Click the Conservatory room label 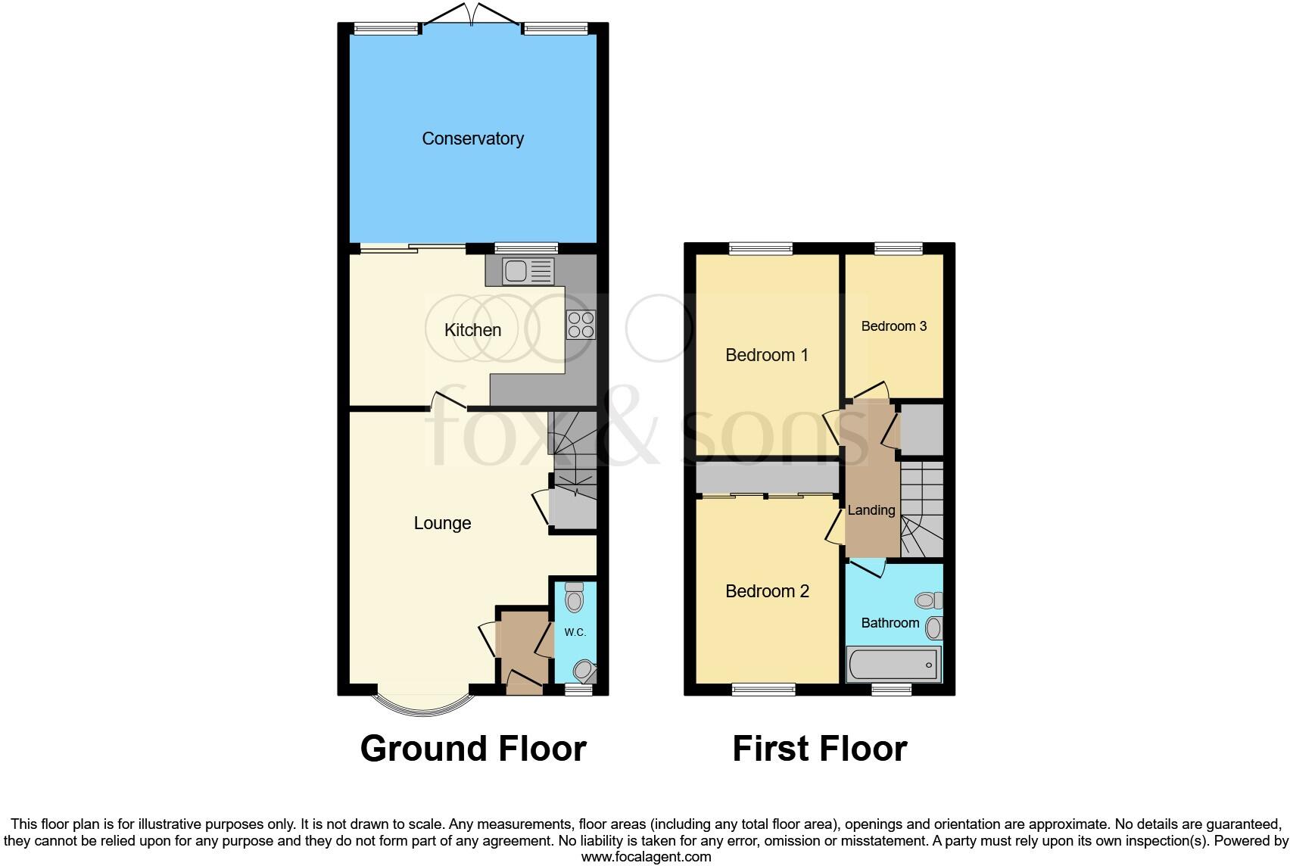click(x=472, y=139)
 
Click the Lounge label click(x=442, y=523)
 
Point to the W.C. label click(x=575, y=632)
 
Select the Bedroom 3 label click(x=894, y=326)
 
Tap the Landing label click(x=871, y=510)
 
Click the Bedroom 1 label click(x=767, y=355)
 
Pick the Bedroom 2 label click(x=767, y=591)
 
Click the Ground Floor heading click(x=473, y=749)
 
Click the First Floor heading click(x=819, y=749)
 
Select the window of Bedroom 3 click(x=899, y=248)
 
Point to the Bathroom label click(x=890, y=623)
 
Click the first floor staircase click(x=922, y=511)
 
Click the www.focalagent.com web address click(x=646, y=857)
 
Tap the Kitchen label click(x=472, y=330)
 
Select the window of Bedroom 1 click(x=761, y=248)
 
